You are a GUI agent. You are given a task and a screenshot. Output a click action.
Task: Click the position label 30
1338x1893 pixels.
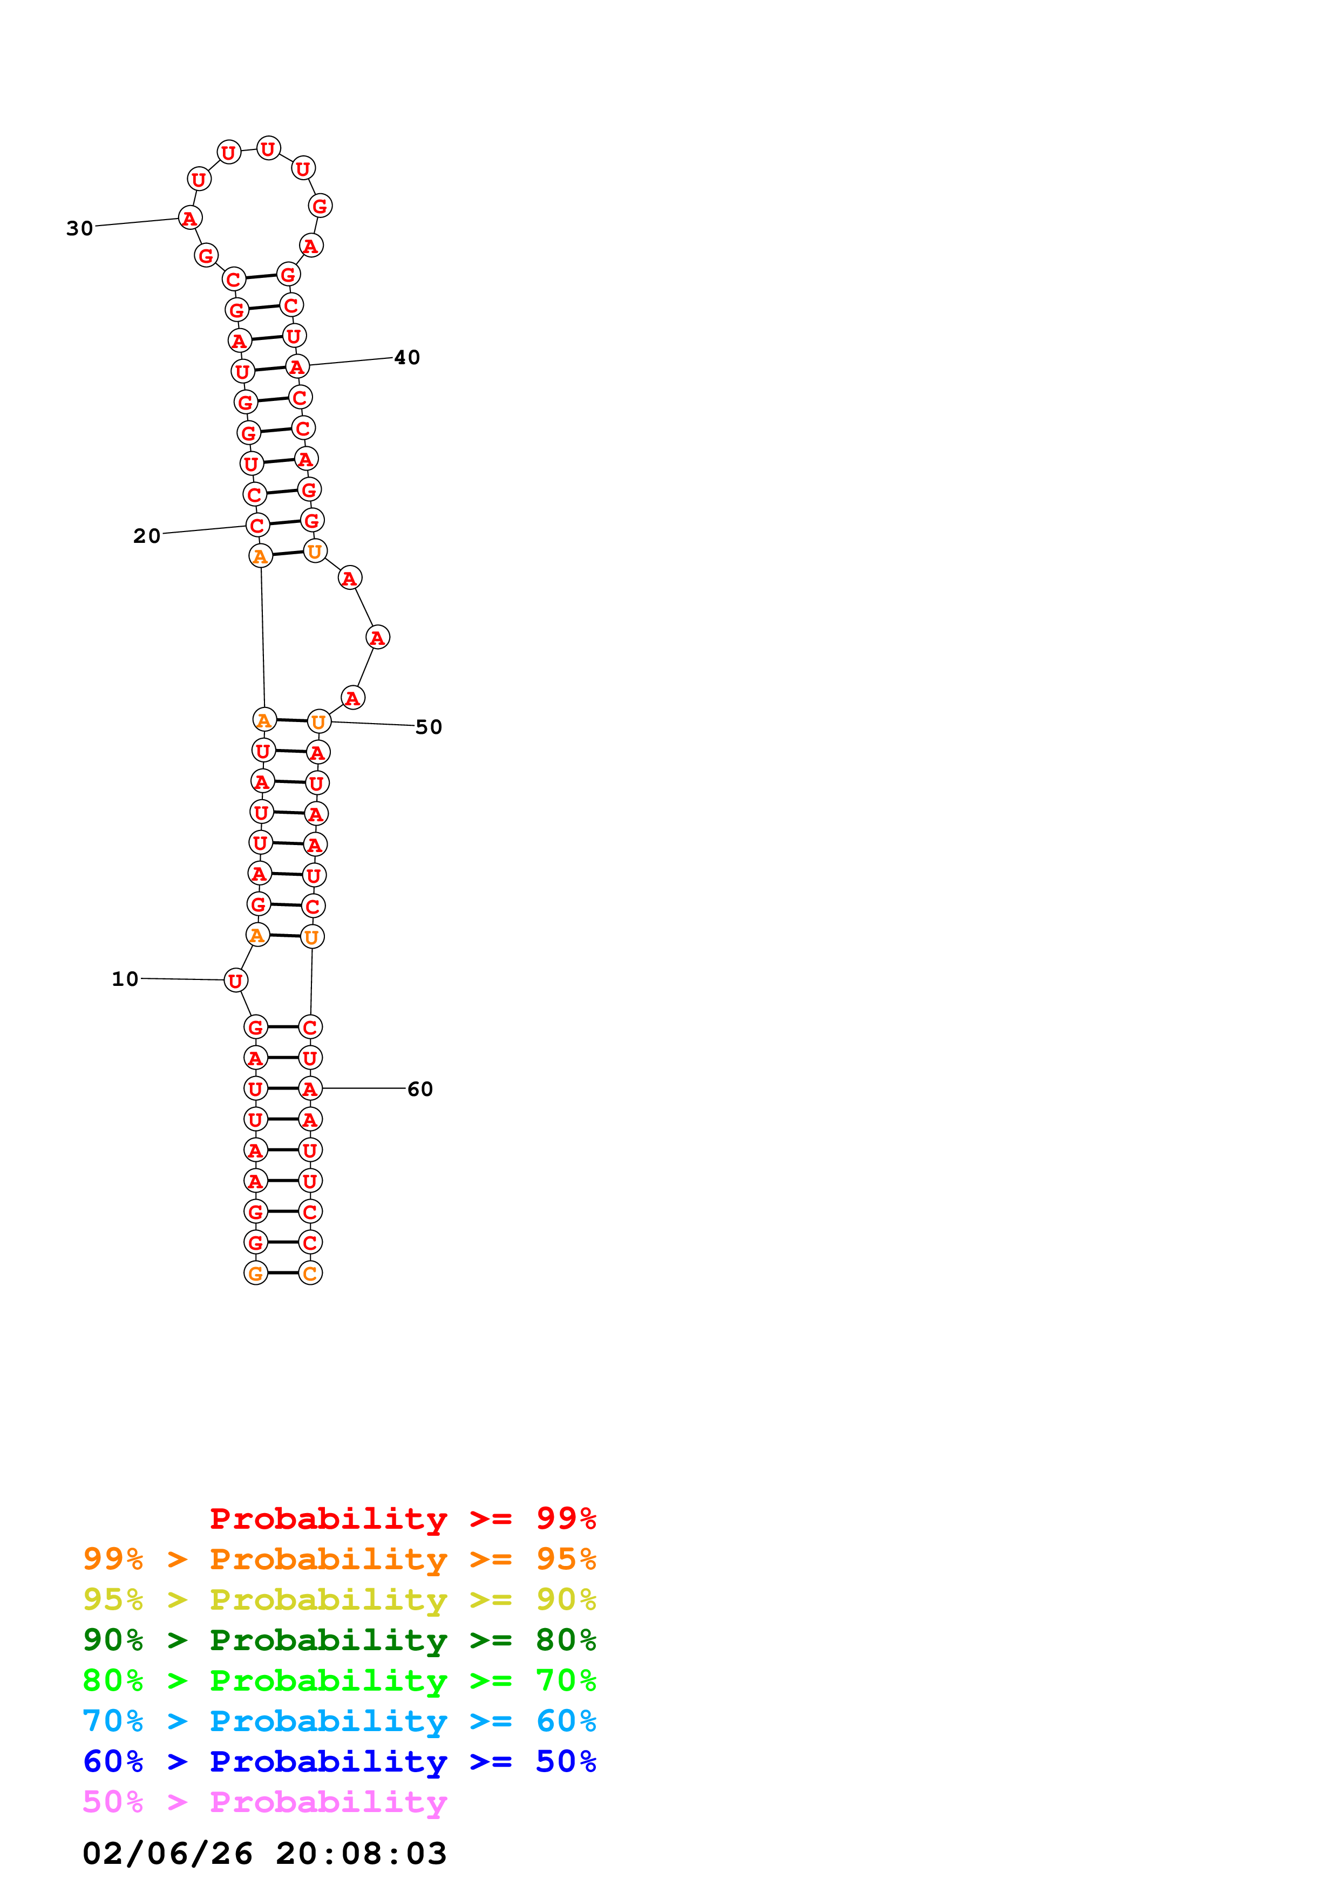80,228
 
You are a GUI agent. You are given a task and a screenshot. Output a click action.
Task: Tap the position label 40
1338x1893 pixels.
407,358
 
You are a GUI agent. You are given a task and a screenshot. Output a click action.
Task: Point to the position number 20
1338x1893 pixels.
147,536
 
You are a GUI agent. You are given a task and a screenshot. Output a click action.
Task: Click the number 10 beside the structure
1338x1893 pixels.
125,979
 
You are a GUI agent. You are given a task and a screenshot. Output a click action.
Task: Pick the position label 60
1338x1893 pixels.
420,1089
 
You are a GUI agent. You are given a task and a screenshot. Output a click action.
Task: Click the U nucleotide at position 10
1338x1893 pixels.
236,980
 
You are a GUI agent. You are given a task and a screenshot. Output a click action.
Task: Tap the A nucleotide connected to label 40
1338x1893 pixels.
297,367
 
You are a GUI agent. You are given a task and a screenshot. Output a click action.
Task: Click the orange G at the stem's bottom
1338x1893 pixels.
255,1274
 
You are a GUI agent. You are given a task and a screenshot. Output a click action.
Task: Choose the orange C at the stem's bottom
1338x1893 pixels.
310,1274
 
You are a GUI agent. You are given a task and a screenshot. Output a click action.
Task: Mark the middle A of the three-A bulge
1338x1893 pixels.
378,637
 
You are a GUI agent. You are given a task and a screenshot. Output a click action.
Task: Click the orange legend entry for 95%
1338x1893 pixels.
339,1559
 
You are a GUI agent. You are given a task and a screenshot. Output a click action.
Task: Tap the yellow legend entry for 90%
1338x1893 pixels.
339,1599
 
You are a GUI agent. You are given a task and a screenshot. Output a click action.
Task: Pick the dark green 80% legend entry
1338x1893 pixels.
339,1640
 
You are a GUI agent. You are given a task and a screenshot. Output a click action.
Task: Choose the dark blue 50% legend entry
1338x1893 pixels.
339,1762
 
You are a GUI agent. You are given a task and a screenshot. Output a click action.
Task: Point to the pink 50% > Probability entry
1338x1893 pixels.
264,1802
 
